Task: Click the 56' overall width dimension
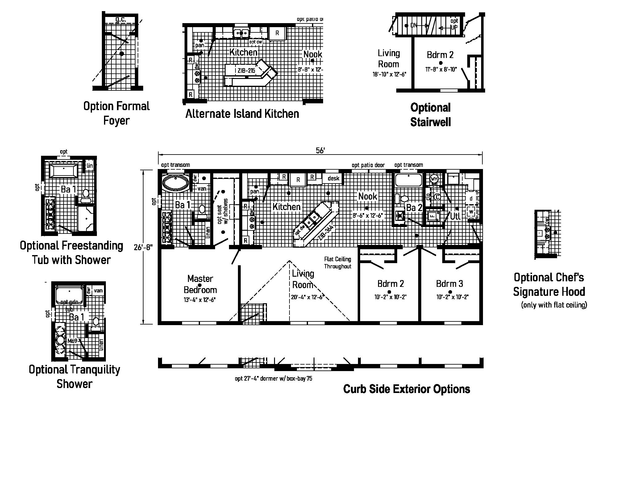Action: (x=320, y=151)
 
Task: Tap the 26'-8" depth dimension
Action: (x=143, y=247)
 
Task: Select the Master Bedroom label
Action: (x=200, y=284)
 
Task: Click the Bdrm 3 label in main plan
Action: (x=449, y=283)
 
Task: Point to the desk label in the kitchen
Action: (x=333, y=178)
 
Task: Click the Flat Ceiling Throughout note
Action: (x=337, y=263)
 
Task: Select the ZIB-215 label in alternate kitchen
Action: (x=246, y=71)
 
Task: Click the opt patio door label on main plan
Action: (x=368, y=165)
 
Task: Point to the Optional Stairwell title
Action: (x=430, y=115)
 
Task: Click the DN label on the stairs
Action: (x=414, y=25)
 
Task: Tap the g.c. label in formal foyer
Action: (x=121, y=19)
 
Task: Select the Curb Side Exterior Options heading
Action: (x=406, y=389)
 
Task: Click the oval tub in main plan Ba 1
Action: (x=175, y=183)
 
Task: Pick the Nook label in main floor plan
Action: (x=368, y=196)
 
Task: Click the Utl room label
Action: (x=455, y=216)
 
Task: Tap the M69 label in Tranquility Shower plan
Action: (x=72, y=341)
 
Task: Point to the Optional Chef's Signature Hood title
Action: (x=549, y=284)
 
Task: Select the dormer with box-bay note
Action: (x=273, y=378)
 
